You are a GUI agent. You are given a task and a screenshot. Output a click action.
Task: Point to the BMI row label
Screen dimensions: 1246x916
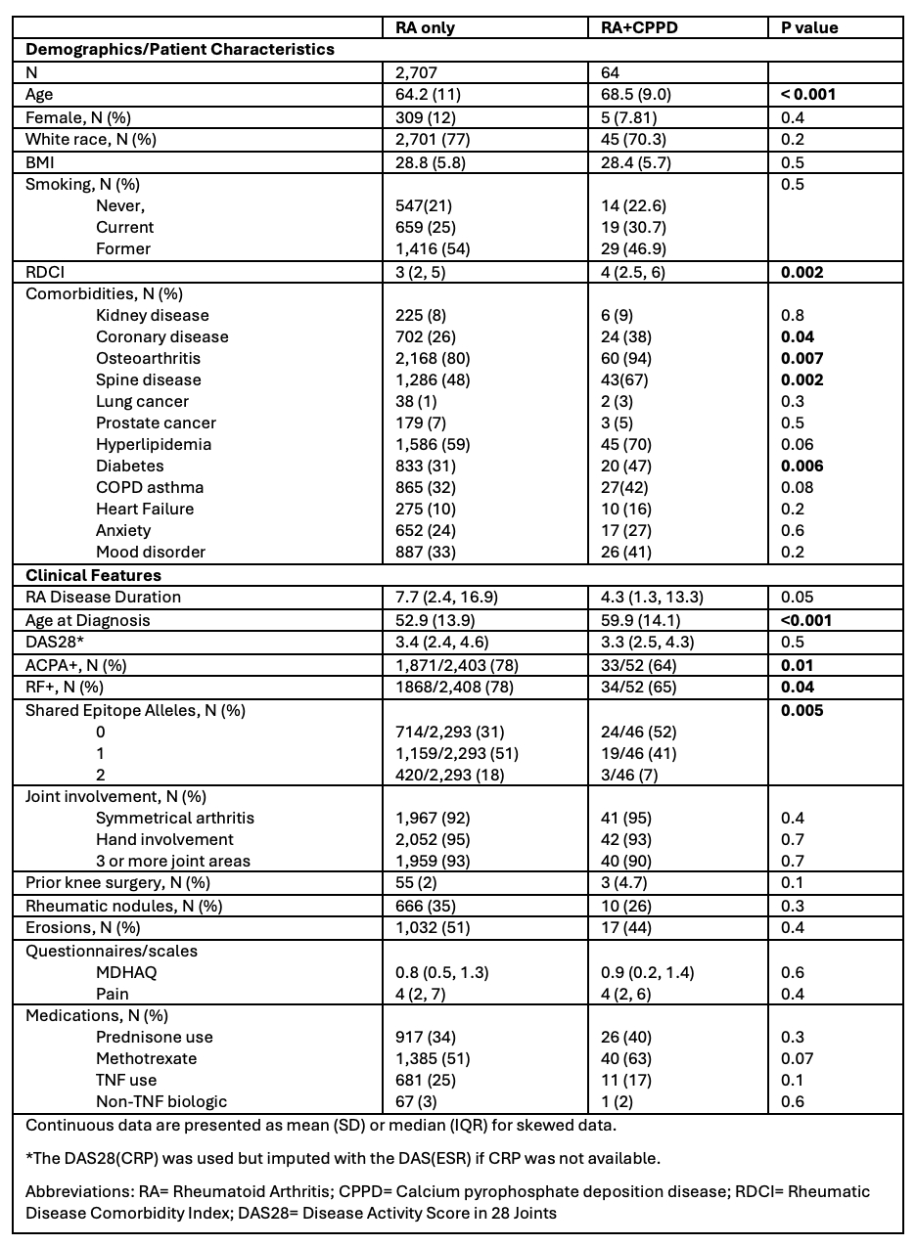pyautogui.click(x=42, y=160)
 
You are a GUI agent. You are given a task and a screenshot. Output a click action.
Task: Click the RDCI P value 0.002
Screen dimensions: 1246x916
pyautogui.click(x=802, y=273)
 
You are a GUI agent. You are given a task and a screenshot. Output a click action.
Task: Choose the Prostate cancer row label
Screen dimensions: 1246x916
pyautogui.click(x=156, y=423)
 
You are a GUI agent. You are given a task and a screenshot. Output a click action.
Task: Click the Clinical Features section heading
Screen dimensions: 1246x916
pyautogui.click(x=93, y=575)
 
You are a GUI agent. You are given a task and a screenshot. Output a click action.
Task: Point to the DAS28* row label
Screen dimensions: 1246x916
pyautogui.click(x=53, y=642)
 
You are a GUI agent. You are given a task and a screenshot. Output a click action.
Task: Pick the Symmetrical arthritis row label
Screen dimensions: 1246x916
pyautogui.click(x=175, y=818)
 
